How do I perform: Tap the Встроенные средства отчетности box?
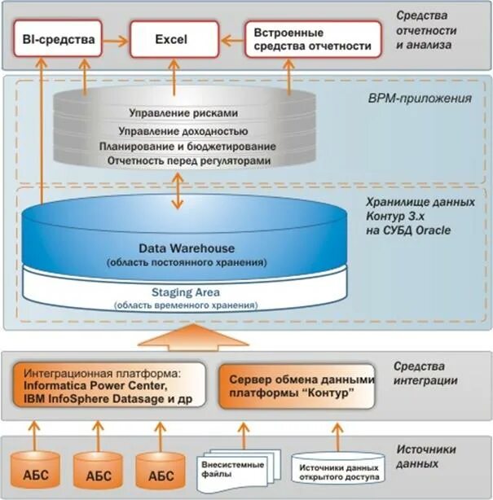(313, 39)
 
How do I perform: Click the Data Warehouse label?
(187, 248)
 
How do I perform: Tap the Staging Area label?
(187, 292)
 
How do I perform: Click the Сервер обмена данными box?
(299, 386)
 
